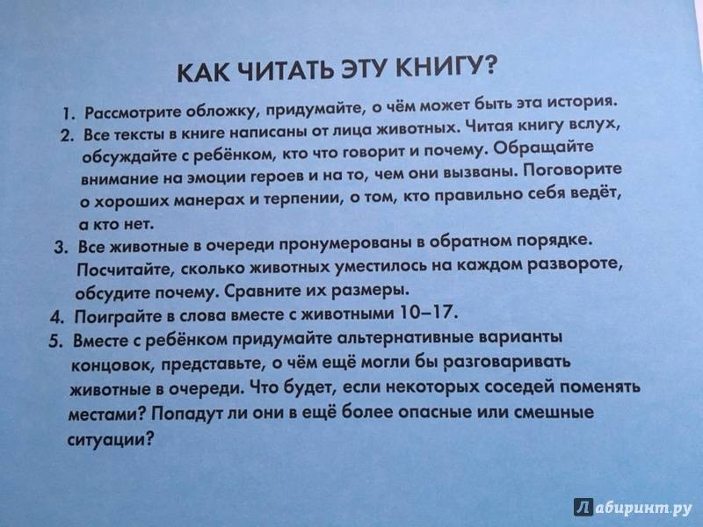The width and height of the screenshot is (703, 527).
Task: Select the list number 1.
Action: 68,114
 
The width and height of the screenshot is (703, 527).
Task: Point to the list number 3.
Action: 60,248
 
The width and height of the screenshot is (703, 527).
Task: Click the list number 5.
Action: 54,341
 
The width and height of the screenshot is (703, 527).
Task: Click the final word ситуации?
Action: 111,438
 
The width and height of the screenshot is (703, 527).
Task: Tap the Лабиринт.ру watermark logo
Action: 633,508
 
